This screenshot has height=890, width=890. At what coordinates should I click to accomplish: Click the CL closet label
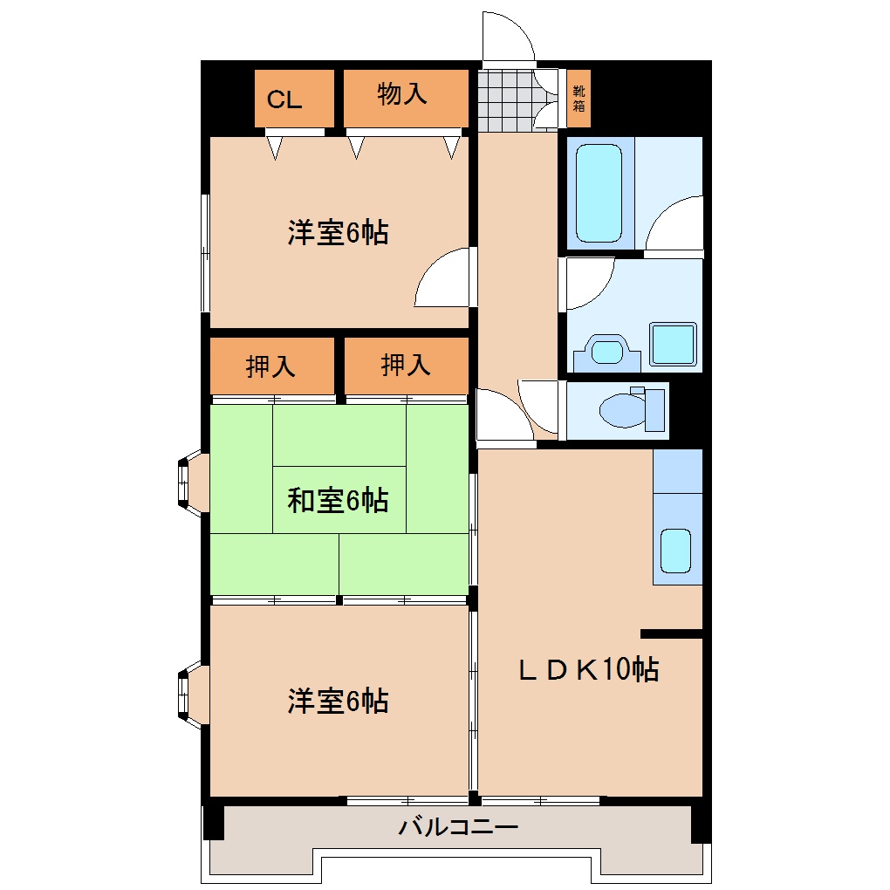284,99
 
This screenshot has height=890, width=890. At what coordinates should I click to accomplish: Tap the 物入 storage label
402,94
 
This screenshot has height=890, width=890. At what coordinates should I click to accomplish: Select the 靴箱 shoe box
579,99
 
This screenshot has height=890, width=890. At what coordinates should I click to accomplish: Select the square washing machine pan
674,343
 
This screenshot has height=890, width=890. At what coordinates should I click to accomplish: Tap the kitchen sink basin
675,549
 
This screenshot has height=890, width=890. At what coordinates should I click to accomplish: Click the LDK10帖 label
588,669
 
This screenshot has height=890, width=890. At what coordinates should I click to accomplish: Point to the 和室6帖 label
338,501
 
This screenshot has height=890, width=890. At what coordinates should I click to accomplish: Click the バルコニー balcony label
458,826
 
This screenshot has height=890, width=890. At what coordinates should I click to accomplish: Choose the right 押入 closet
406,366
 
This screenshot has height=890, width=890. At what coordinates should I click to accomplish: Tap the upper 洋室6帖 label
338,233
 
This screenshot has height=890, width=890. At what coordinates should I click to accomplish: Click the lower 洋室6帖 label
338,701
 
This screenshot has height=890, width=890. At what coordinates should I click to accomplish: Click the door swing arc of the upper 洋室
443,277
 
